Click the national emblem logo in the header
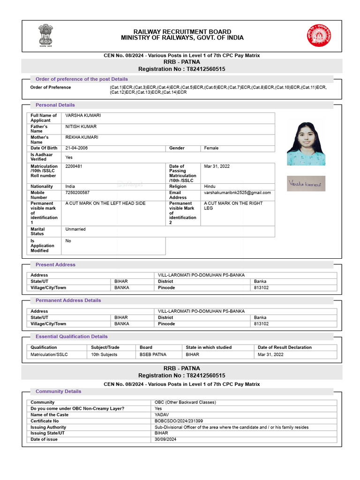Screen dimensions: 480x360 pyautogui.click(x=46, y=34)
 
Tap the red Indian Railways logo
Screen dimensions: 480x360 pyautogui.click(x=318, y=35)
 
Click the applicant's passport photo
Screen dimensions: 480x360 pyautogui.click(x=306, y=143)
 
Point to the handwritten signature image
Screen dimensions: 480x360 pyautogui.click(x=306, y=183)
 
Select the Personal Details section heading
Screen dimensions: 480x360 pyautogui.click(x=55, y=105)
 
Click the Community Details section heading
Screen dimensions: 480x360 pyautogui.click(x=58, y=391)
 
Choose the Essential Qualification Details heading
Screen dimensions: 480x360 pyautogui.click(x=71, y=337)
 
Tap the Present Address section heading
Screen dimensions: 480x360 pyautogui.click(x=55, y=265)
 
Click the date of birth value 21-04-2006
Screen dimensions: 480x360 pyautogui.click(x=76, y=148)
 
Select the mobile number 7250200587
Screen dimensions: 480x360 pyautogui.click(x=77, y=193)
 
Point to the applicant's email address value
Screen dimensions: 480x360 pyautogui.click(x=237, y=193)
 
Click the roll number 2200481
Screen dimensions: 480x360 pyautogui.click(x=74, y=166)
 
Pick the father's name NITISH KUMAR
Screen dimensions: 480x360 pyautogui.click(x=81, y=127)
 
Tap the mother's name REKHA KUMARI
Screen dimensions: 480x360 pyautogui.click(x=82, y=137)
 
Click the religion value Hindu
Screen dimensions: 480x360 pyautogui.click(x=210, y=187)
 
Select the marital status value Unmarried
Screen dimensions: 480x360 pyautogui.click(x=75, y=229)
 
